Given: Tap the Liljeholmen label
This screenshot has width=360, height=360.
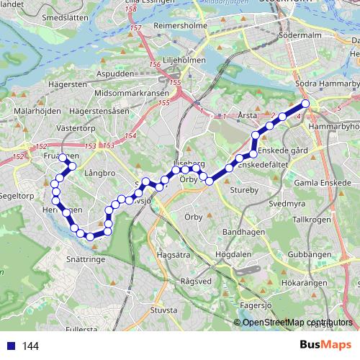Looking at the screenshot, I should coord(181,60).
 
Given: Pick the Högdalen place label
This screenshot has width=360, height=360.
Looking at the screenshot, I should coord(233,254).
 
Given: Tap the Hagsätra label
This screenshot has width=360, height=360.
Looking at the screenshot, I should coord(174,254).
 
